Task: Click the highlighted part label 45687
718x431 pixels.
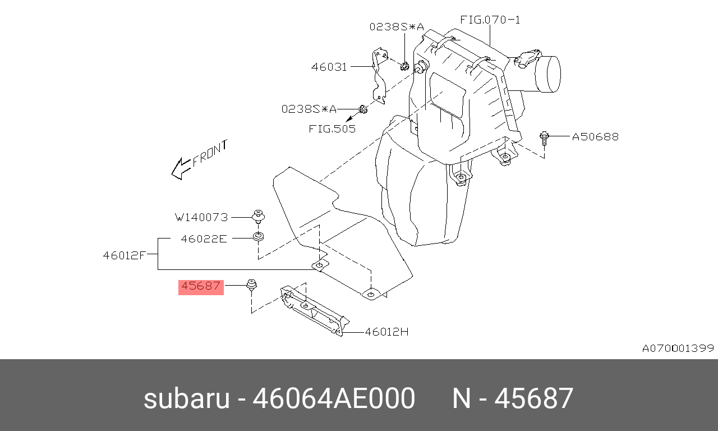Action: click(201, 286)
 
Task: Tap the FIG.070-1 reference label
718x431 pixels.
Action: click(490, 20)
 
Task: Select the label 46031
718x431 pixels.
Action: click(329, 67)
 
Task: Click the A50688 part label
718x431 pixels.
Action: click(595, 137)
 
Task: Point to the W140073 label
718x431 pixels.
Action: click(201, 217)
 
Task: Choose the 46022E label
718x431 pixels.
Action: click(204, 239)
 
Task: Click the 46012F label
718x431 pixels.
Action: click(125, 255)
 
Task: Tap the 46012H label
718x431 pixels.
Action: click(387, 332)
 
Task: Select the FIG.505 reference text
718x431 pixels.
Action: click(332, 129)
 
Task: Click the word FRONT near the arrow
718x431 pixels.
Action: click(210, 154)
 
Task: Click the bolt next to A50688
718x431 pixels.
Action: click(544, 138)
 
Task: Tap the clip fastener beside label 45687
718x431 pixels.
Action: click(252, 286)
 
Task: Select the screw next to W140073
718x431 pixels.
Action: click(259, 216)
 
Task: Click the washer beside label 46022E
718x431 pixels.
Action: click(258, 237)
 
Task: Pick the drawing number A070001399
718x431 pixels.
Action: click(678, 349)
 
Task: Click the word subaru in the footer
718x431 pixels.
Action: click(187, 398)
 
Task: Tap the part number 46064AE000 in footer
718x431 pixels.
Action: click(334, 398)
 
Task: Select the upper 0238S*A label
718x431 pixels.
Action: click(397, 26)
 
